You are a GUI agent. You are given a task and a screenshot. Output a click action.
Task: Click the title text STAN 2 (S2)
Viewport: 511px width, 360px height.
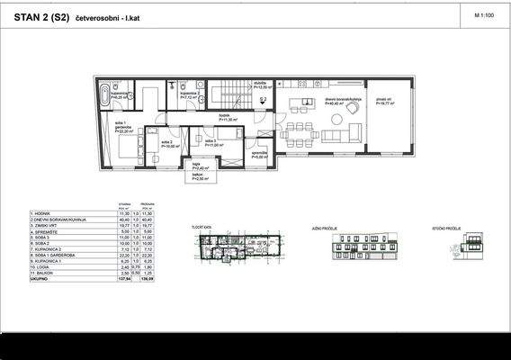pyautogui.click(x=43, y=15)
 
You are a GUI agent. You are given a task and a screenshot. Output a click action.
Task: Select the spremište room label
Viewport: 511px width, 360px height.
pyautogui.click(x=258, y=154)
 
